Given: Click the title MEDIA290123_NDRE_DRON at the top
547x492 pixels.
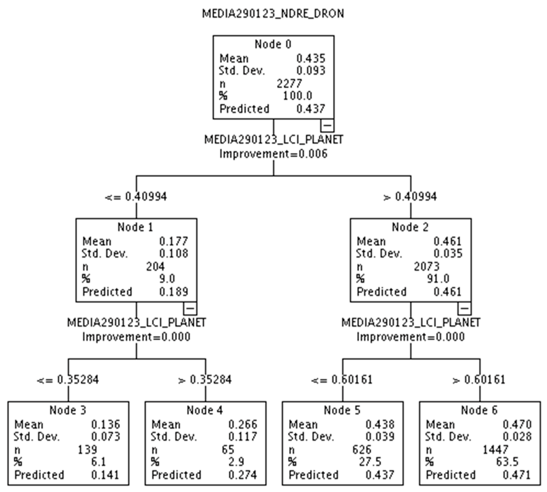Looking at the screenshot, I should tap(273, 14).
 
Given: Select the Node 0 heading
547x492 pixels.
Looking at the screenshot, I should tap(273, 44).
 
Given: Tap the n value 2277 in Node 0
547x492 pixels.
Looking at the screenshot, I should tap(289, 84).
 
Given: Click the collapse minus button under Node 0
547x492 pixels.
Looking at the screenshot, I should tap(327, 126).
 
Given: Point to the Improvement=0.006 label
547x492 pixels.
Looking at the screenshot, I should tap(273, 154).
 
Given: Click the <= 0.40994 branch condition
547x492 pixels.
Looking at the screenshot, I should tap(136, 197).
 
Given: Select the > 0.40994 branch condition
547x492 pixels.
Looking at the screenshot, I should tap(410, 197).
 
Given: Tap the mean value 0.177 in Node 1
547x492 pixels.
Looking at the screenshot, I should tap(173, 241).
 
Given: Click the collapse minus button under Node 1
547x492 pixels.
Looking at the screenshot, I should tap(190, 308).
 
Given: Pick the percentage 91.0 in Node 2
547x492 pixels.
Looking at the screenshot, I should tap(438, 279).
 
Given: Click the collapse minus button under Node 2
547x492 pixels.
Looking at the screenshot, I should tap(464, 308).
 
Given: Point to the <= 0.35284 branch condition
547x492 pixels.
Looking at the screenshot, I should tap(68, 380).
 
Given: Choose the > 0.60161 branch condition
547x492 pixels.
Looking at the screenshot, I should tap(479, 380).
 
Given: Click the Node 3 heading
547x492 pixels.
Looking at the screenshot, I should tap(68, 410).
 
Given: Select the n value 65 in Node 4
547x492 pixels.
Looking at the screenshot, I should tap(228, 449).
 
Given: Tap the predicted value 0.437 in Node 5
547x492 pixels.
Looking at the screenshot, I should tap(380, 475).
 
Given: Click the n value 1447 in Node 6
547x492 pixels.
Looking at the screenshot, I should tap(495, 449).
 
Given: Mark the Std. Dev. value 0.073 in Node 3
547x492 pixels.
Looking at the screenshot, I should tap(105, 436).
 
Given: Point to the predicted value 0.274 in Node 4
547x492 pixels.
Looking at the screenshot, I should tap(243, 475).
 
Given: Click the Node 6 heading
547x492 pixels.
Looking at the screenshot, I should tap(479, 410).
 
